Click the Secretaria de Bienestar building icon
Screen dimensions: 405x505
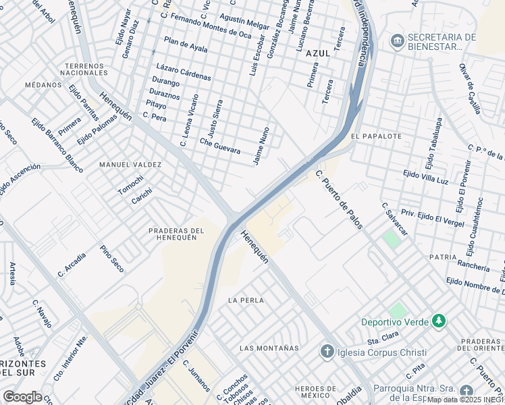pyautogui.click(x=397, y=42)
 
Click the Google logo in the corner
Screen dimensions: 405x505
pyautogui.click(x=22, y=397)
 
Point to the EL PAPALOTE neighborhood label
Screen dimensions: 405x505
pyautogui.click(x=376, y=136)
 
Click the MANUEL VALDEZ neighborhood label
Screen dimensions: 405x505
pyautogui.click(x=130, y=165)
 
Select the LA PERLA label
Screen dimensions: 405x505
pyautogui.click(x=246, y=300)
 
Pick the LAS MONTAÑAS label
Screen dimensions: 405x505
pyautogui.click(x=269, y=348)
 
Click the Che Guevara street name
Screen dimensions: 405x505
pyautogui.click(x=220, y=146)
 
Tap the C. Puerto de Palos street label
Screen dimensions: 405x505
pyautogui.click(x=339, y=199)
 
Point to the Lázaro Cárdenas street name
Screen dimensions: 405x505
pyautogui.click(x=183, y=72)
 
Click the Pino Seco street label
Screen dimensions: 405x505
pyautogui.click(x=111, y=259)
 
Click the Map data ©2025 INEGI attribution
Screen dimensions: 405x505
pyautogui.click(x=465, y=400)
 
